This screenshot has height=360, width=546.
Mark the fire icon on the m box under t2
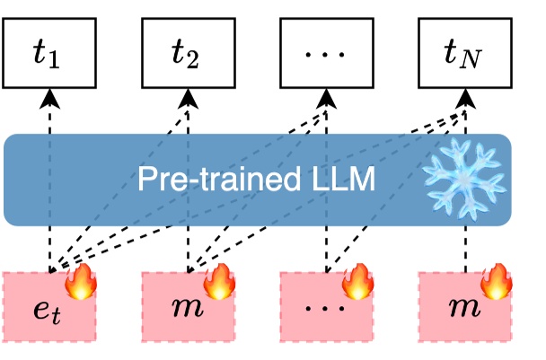point(218,280)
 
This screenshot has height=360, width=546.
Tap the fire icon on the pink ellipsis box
point(357,280)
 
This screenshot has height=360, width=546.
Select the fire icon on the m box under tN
point(495,280)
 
